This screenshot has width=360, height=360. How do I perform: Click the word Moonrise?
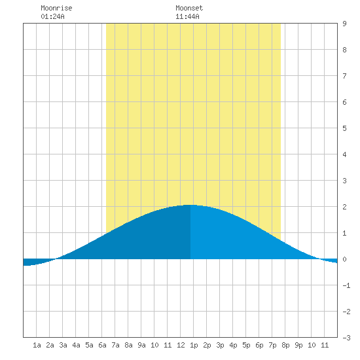(56, 8)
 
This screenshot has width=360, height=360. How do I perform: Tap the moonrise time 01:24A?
(52, 16)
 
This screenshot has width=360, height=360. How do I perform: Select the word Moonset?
(189, 8)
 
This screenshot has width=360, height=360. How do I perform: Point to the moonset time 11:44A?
(187, 16)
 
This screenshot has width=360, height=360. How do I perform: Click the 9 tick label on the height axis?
(344, 24)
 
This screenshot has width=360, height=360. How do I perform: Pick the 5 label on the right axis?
(344, 128)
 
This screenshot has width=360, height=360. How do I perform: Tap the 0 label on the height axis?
(344, 259)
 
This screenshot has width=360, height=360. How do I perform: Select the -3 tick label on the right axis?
(346, 338)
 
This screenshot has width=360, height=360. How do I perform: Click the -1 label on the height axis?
(346, 285)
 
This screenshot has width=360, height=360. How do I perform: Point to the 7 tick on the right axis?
(344, 76)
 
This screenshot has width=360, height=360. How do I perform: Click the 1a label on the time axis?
(37, 345)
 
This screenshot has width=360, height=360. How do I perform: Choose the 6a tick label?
(102, 345)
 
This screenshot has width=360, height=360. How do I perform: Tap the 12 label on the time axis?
(181, 345)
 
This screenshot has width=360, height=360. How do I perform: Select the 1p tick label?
(194, 345)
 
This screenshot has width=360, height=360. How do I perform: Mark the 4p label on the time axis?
(233, 345)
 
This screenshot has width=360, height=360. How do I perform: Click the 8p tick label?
(285, 345)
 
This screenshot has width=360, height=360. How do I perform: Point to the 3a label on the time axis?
(63, 345)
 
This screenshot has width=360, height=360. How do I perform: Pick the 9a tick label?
(141, 345)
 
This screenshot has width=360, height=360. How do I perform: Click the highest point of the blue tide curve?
(190, 205)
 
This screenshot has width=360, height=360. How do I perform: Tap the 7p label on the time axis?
(272, 345)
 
